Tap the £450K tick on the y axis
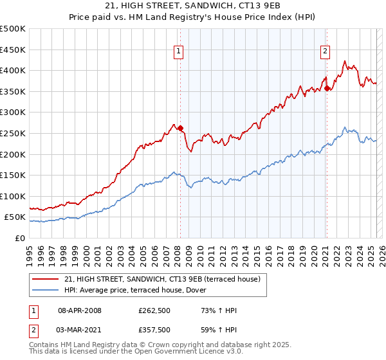click(x=13, y=50)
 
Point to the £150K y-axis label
click(x=13, y=175)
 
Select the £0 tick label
click(x=20, y=238)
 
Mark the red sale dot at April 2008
click(x=180, y=128)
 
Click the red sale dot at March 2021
click(x=327, y=88)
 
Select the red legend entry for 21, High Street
click(x=161, y=279)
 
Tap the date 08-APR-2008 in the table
click(x=80, y=310)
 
